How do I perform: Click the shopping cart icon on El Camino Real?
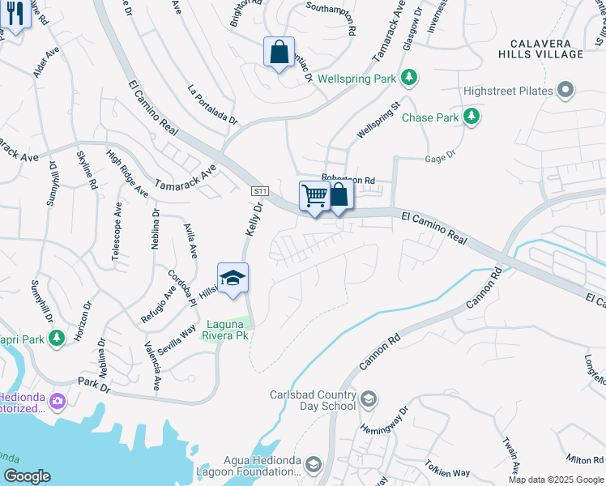point(314,195)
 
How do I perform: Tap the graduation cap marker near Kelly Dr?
point(232,278)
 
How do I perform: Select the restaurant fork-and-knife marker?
point(15,14)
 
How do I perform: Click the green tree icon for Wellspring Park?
point(411,78)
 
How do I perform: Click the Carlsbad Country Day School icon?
point(369,399)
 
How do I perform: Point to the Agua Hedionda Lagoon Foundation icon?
point(314,464)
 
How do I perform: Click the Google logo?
point(28,476)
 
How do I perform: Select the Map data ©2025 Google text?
point(556,480)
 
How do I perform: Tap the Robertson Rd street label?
point(348,179)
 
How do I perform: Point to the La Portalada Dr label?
point(213,104)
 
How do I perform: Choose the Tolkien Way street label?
point(449,472)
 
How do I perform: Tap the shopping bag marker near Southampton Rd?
point(279,53)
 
